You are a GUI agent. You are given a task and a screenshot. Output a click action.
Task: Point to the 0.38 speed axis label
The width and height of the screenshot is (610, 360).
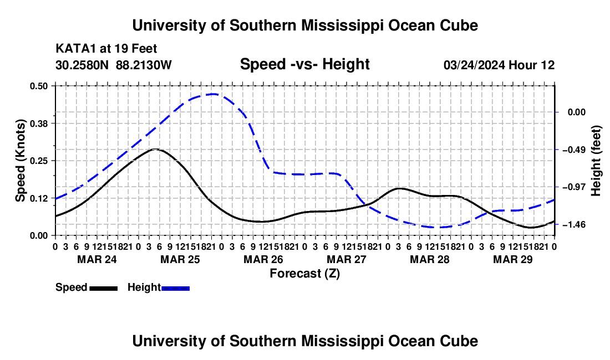[39, 124]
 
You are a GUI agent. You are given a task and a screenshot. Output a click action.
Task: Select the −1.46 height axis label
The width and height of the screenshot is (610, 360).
[576, 225]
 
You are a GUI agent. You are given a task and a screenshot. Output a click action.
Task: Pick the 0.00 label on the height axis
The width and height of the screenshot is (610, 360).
[577, 112]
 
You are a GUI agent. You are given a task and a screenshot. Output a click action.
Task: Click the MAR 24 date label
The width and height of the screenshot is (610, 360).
[97, 259]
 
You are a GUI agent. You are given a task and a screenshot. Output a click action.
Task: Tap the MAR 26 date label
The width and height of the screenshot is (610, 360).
[263, 259]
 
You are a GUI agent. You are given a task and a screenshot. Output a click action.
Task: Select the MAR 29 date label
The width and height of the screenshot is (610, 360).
[513, 259]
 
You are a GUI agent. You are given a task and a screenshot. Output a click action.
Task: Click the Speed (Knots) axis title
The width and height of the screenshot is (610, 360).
[20, 161]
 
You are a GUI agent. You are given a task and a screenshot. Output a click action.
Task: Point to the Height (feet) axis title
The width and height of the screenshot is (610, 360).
[596, 161]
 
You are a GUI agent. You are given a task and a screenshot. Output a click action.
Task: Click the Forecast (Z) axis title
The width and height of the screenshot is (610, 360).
[305, 274]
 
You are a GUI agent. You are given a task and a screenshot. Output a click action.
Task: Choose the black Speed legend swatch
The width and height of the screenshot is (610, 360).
[104, 288]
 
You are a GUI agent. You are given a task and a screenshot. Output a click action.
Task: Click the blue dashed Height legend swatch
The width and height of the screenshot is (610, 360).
[175, 288]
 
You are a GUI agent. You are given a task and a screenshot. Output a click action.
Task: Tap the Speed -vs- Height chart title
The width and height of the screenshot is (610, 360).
[305, 64]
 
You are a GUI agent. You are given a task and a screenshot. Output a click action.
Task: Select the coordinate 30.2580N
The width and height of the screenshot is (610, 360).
[82, 65]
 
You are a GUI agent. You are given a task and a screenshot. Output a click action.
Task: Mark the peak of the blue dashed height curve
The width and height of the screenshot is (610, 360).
[212, 94]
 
